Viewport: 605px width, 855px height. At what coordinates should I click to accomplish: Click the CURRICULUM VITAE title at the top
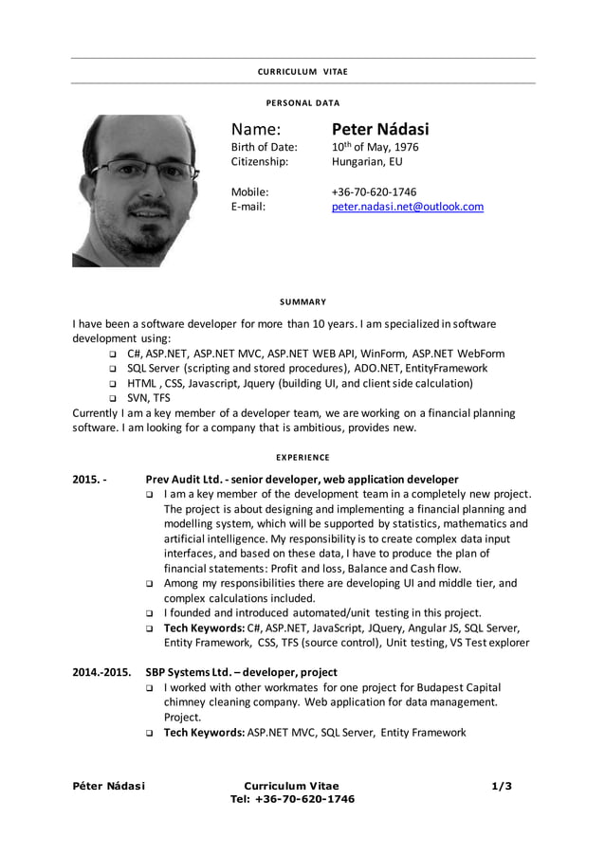302,72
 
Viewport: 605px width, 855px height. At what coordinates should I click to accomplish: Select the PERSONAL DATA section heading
302,102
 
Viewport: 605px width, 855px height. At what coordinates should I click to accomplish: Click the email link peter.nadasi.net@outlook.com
407,207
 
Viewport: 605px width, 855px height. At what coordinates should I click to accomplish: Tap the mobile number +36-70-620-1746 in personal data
373,191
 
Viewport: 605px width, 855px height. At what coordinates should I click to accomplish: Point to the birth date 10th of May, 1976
375,147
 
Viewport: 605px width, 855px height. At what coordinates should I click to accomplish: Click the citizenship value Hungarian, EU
367,162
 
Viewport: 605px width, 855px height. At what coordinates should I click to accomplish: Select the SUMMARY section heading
302,301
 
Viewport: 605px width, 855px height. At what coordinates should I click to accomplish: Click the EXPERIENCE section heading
302,457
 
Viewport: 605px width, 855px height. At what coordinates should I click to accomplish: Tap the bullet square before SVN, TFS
112,399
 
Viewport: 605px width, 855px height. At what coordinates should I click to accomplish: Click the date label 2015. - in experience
89,480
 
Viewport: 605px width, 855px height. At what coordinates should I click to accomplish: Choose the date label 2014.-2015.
101,673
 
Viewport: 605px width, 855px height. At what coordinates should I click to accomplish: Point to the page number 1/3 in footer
502,786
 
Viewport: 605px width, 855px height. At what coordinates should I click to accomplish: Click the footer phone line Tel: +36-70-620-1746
292,799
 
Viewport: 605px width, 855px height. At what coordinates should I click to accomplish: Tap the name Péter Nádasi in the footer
109,786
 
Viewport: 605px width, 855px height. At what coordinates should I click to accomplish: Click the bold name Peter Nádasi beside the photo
379,129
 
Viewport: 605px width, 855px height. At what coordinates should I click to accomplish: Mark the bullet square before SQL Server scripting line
112,369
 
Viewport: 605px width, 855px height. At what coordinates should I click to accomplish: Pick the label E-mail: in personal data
248,207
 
